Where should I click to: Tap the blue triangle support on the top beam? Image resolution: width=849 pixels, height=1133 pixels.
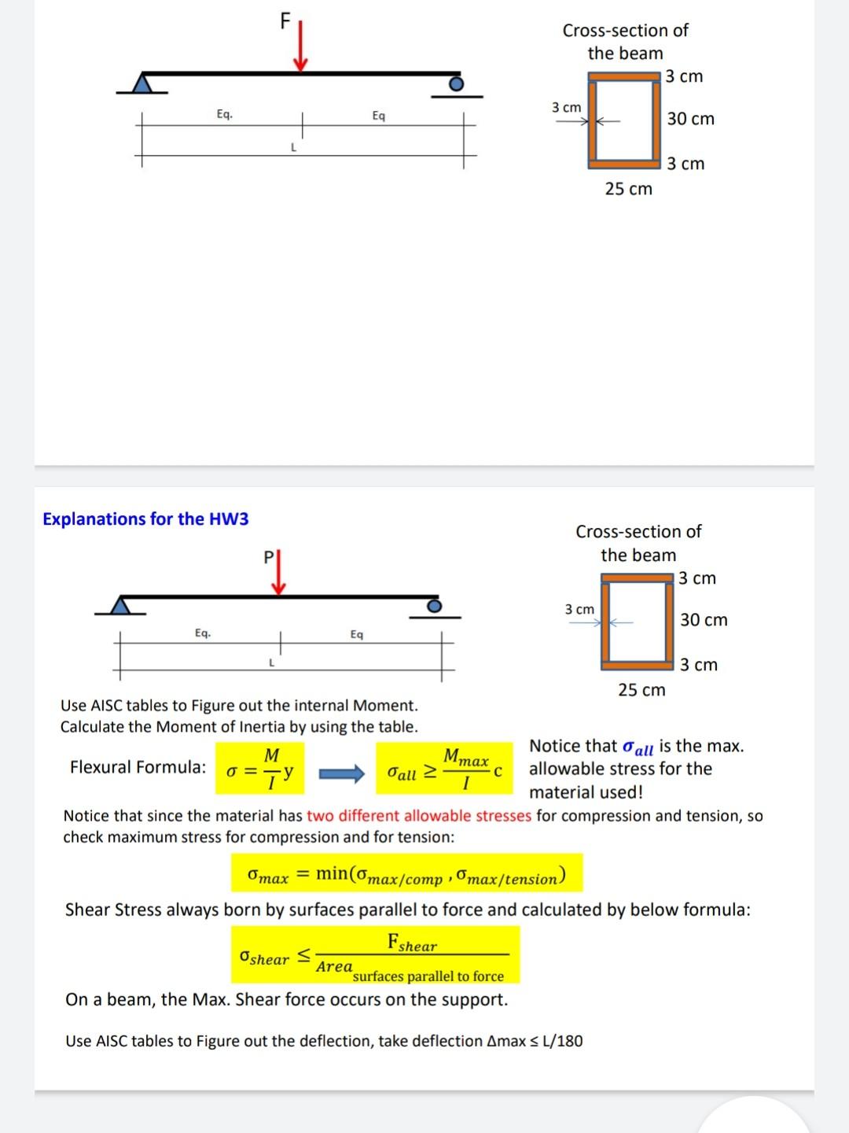tap(142, 83)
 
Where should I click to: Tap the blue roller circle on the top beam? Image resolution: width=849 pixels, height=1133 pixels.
tap(455, 83)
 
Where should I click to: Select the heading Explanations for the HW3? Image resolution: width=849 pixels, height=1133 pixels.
tap(145, 519)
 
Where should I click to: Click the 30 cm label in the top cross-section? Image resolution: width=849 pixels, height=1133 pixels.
tap(690, 119)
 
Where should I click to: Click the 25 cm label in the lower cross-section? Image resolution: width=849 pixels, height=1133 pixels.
tap(641, 690)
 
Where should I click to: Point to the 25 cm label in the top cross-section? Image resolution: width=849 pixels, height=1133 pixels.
tap(628, 189)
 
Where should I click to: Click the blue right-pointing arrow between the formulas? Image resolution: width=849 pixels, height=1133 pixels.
tap(341, 773)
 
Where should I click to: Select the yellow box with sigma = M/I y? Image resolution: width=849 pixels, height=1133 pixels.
tap(260, 768)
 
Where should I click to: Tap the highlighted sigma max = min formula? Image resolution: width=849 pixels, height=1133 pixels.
tap(406, 874)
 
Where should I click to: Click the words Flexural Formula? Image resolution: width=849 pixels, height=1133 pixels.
tap(138, 767)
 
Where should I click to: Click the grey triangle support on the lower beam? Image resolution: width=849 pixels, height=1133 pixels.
tap(120, 605)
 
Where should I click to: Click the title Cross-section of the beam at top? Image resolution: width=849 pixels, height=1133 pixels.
tap(625, 42)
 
